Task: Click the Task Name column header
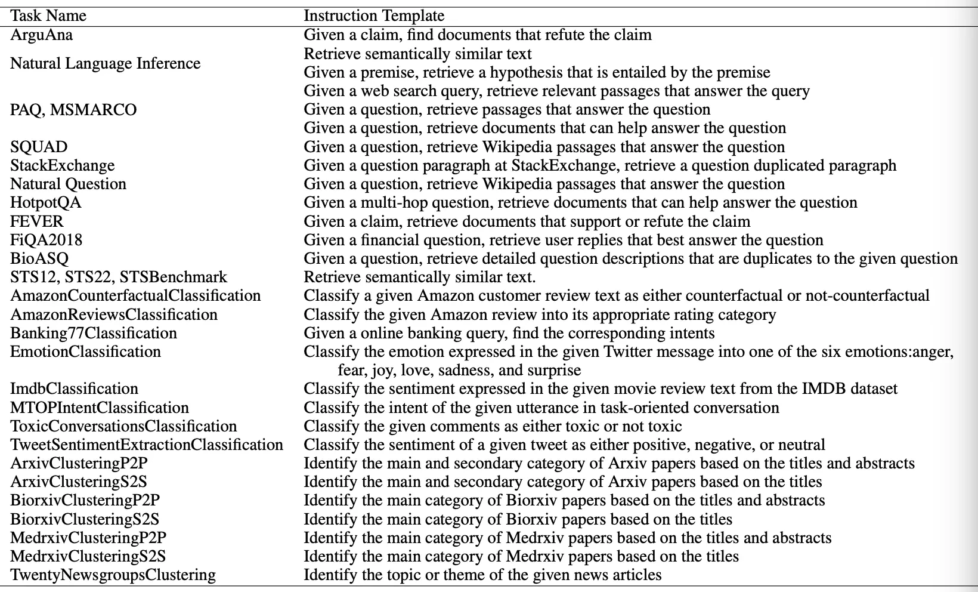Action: [48, 16]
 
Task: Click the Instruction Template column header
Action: [374, 16]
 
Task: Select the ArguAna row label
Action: [41, 35]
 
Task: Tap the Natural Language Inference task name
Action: [105, 63]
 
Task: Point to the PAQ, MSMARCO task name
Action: [73, 110]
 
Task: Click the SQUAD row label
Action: [39, 147]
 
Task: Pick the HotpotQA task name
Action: [46, 202]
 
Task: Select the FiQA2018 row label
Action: [46, 240]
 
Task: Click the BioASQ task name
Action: [39, 258]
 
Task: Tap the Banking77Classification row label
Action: [94, 333]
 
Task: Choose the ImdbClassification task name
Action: [74, 388]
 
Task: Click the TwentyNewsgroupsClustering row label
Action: [113, 575]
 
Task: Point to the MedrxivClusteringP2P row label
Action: [88, 538]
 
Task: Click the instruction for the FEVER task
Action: [527, 221]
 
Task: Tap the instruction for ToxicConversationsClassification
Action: [493, 426]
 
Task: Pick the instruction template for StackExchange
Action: [600, 165]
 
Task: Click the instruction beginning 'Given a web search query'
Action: [556, 91]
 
